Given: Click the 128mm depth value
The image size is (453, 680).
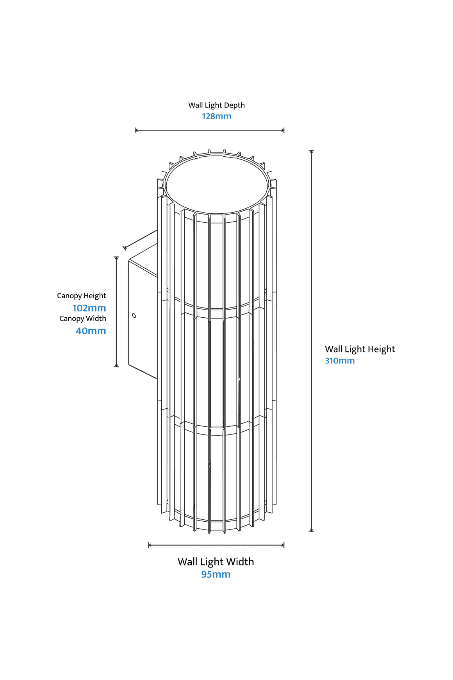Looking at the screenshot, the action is pos(216,116).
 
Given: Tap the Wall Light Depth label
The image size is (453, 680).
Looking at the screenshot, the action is pos(216,105).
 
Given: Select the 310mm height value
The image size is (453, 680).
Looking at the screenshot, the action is pos(340,360).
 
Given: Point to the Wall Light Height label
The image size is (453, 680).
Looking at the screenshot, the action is pos(360,349).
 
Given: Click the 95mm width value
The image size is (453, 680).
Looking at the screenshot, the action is pos(216,574).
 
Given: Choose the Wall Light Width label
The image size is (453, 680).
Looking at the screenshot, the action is pos(216,562).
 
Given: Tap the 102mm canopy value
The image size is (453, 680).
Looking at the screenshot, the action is pos(89,308).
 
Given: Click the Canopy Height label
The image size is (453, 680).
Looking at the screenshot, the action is pos(81,296).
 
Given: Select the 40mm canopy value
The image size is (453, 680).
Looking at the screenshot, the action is pos(91,331).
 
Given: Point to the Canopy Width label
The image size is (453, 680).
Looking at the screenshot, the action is pos(82,319).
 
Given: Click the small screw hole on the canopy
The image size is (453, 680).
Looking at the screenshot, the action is pos(134,315).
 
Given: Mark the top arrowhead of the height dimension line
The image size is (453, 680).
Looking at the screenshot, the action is pos(311,151).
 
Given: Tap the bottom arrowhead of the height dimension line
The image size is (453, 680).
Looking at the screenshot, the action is pos(311,531).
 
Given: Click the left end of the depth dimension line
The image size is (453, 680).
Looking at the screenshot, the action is pos(136,130).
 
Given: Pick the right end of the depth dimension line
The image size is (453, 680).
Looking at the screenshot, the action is pos(284,130).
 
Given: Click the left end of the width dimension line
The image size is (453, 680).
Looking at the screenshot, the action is pos(149,545).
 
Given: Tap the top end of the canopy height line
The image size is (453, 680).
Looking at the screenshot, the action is pos(116,258).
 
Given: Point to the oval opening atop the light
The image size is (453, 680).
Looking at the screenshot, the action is pos(217,156).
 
